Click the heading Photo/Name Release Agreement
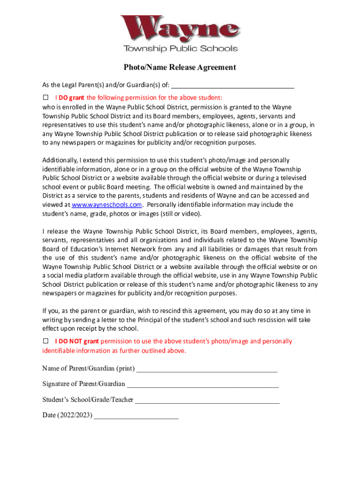pyautogui.click(x=180, y=67)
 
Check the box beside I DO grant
pyautogui.click(x=46, y=98)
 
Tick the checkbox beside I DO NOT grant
pyautogui.click(x=46, y=341)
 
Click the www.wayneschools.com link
pyautogui.click(x=106, y=205)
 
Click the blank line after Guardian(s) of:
pyautogui.click(x=233, y=85)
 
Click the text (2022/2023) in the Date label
pyautogui.click(x=75, y=415)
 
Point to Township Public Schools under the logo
pyautogui.click(x=180, y=49)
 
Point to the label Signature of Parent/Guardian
pyautogui.click(x=84, y=384)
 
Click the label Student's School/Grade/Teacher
pyautogui.click(x=87, y=400)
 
